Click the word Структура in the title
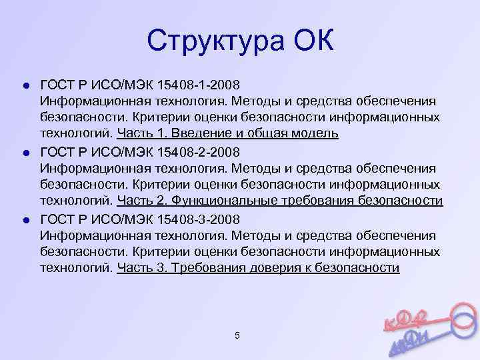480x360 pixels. pos(209,41)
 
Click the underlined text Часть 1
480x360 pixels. pos(138,133)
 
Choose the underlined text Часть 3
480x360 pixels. pos(138,268)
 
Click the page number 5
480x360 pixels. pos(237,335)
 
